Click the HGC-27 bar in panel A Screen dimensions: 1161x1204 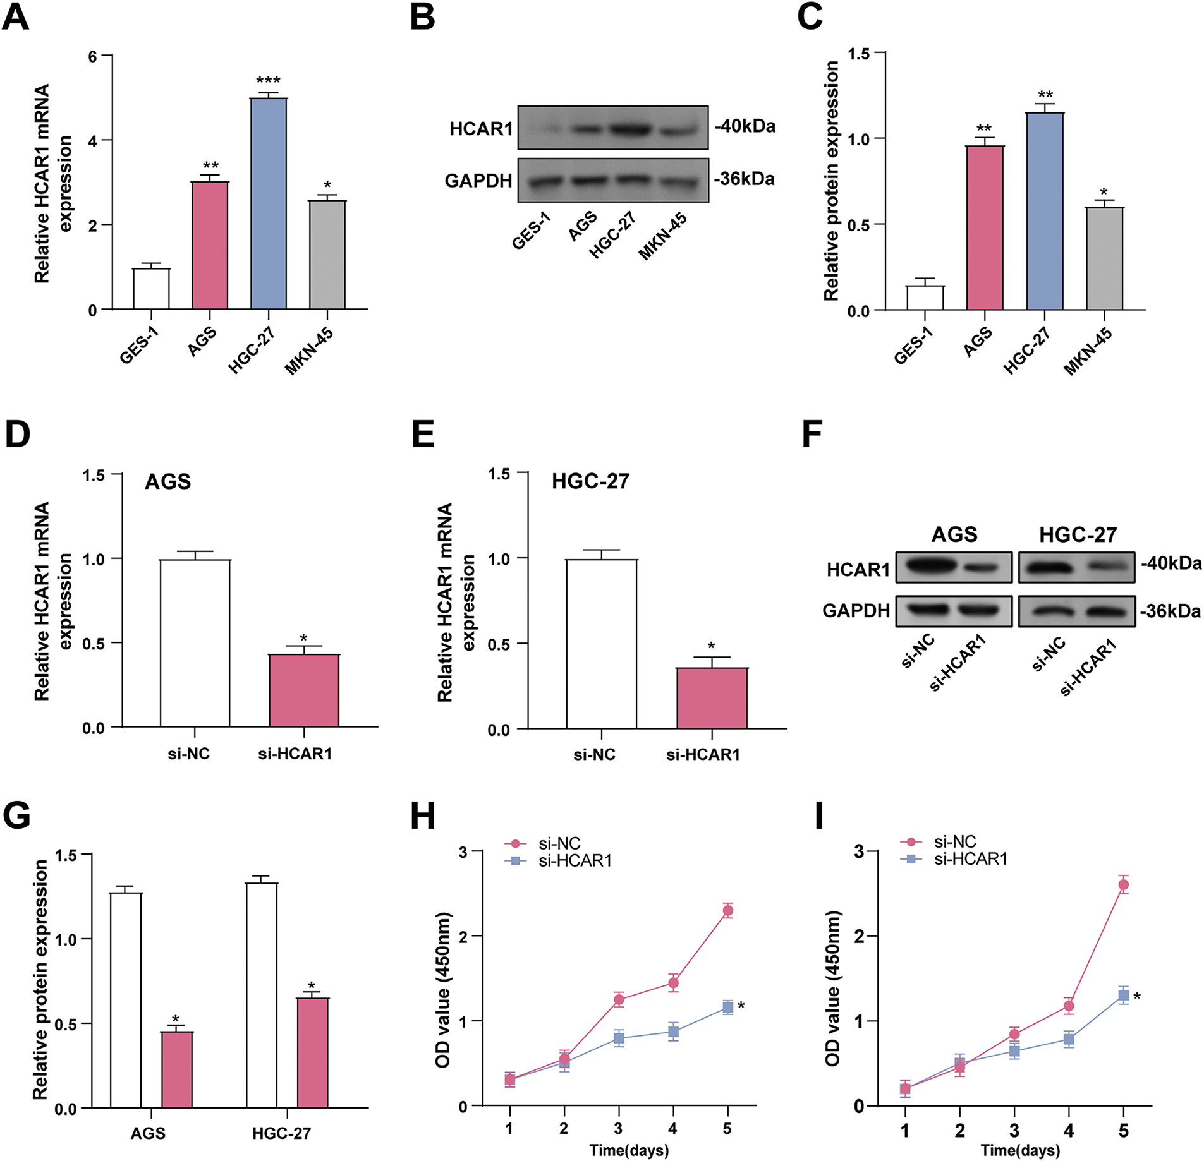pyautogui.click(x=269, y=203)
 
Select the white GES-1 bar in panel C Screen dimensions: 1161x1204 pyautogui.click(x=925, y=298)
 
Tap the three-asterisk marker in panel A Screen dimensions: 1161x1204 pyautogui.click(x=268, y=81)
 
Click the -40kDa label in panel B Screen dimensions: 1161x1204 pyautogui.click(x=745, y=126)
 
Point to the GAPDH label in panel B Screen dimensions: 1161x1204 pyautogui.click(x=478, y=181)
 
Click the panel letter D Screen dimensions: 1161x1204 pyautogui.click(x=17, y=435)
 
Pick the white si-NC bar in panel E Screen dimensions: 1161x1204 pyautogui.click(x=601, y=644)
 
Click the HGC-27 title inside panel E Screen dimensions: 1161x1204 pyautogui.click(x=590, y=481)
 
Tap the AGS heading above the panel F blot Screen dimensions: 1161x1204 pyautogui.click(x=954, y=534)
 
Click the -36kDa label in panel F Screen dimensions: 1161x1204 pyautogui.click(x=1170, y=611)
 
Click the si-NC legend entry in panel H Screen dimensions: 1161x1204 pyautogui.click(x=559, y=843)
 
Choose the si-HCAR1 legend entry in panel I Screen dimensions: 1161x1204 pyautogui.click(x=970, y=859)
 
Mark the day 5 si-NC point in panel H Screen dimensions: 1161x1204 pyautogui.click(x=727, y=911)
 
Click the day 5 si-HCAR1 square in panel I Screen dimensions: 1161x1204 pyautogui.click(x=1123, y=996)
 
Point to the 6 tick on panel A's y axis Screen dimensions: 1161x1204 pyautogui.click(x=93, y=57)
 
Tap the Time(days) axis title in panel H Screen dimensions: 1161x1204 pyautogui.click(x=629, y=1150)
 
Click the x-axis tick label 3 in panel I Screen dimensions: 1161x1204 pyautogui.click(x=1014, y=1130)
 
